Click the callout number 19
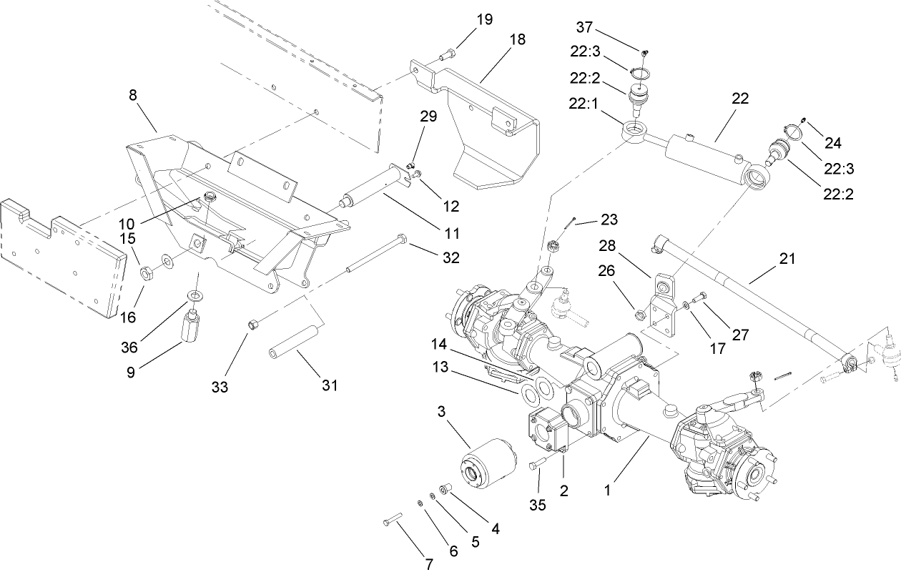pos(484,19)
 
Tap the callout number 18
pos(516,39)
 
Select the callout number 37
pos(585,27)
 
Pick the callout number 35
pos(537,505)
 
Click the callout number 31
pos(329,386)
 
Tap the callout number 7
pos(429,563)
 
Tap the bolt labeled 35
pos(536,467)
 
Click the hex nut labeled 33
pos(252,326)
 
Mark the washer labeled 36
pos(194,296)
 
